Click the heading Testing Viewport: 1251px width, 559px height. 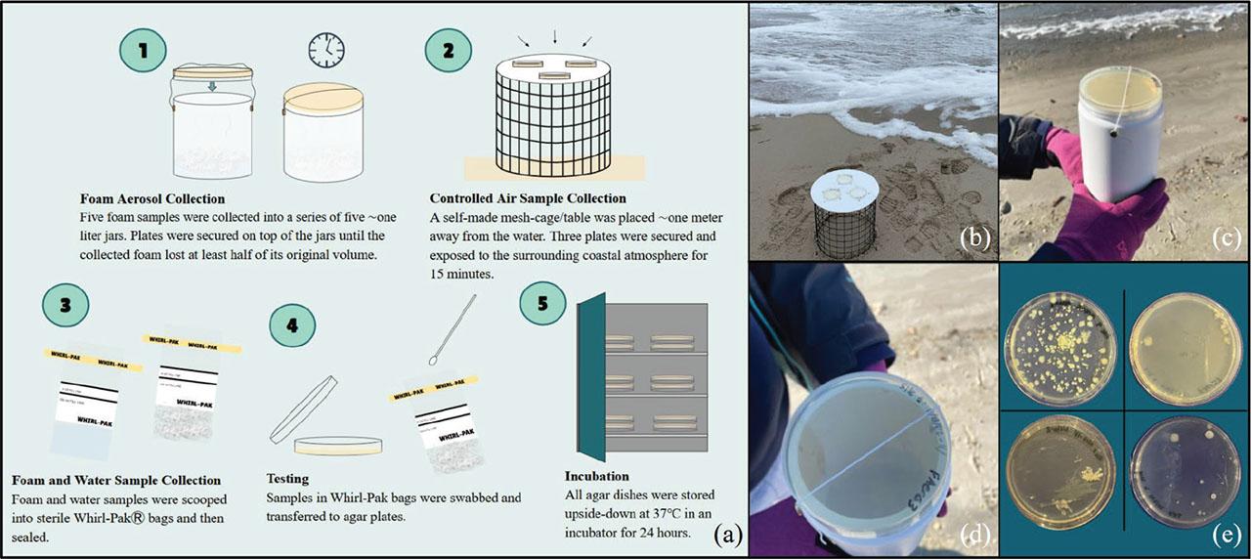click(x=289, y=479)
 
